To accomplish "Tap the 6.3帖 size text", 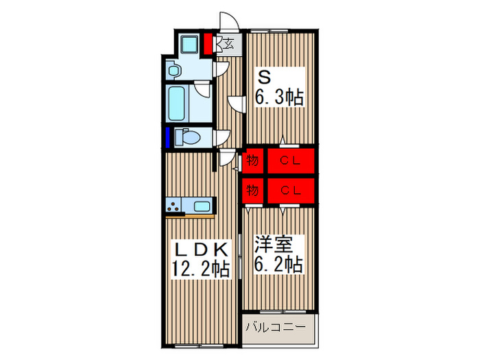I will (x=279, y=97).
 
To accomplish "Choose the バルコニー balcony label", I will (x=275, y=328).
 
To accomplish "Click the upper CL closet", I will (x=289, y=161).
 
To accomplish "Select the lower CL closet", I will (x=289, y=191).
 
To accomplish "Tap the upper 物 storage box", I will (x=252, y=161).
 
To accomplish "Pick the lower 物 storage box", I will (x=252, y=191).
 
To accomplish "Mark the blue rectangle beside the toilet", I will (x=167, y=137).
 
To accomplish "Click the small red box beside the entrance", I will (x=208, y=45).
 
